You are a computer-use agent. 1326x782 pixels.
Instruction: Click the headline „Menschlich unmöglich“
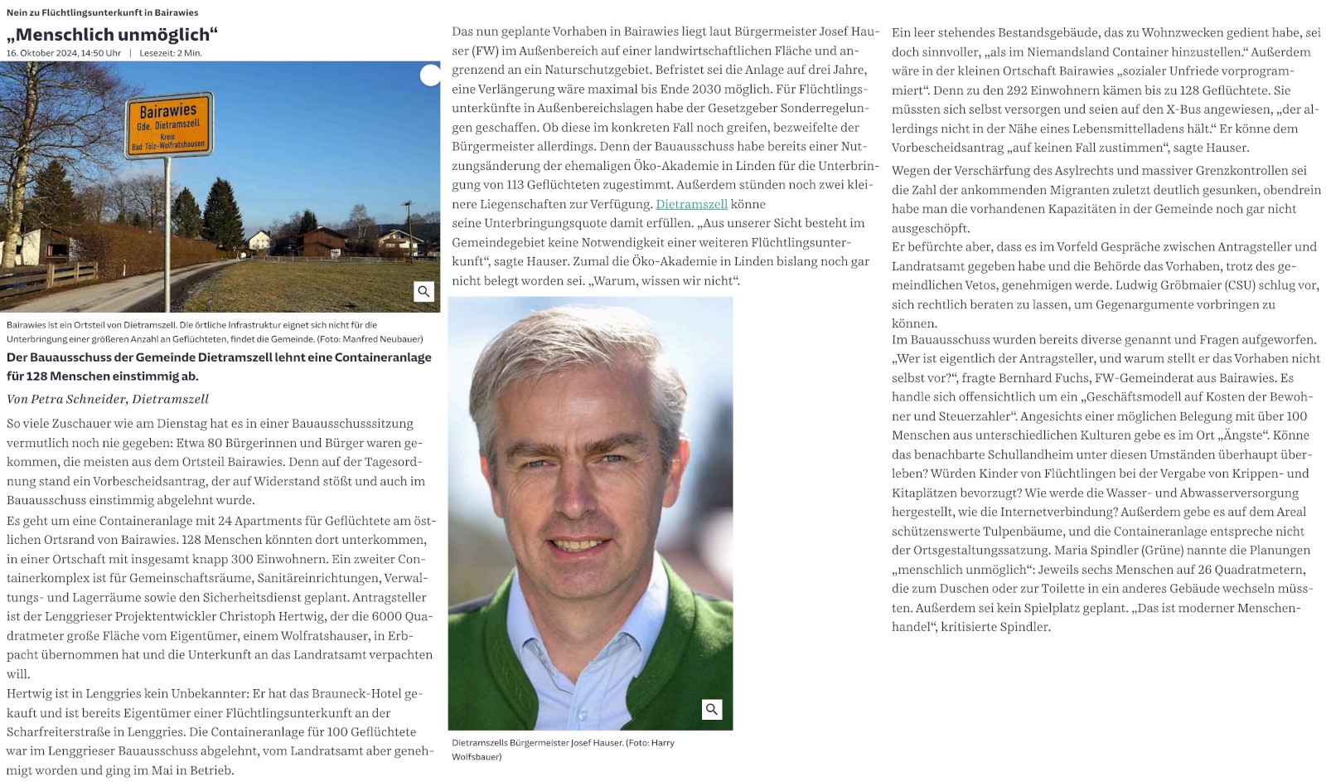point(112,34)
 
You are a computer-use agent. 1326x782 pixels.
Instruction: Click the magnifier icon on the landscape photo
point(423,291)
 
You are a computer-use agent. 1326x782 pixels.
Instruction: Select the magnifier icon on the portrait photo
point(711,709)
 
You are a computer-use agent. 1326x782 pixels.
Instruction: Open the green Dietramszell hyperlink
point(691,204)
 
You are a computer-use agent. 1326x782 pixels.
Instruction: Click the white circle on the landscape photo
point(430,75)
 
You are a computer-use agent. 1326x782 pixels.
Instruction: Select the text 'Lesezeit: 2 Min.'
point(171,53)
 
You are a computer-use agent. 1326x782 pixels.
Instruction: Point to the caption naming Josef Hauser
point(563,743)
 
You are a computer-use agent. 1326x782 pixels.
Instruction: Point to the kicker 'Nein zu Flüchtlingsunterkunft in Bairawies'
point(103,12)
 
